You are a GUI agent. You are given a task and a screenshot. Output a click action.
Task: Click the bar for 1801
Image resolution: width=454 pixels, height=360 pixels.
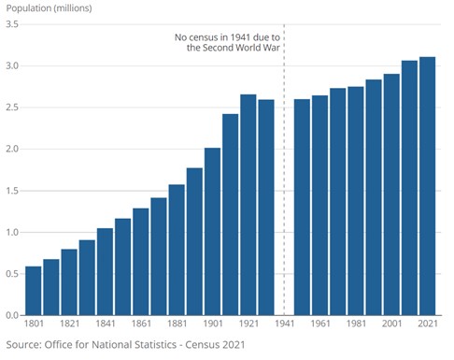coord(34,291)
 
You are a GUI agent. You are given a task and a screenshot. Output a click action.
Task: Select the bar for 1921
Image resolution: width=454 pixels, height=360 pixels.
coord(248,205)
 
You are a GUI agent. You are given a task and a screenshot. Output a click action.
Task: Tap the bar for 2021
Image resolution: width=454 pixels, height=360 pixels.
coord(427,186)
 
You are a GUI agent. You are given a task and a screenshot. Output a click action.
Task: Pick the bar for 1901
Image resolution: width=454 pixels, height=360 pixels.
coord(212,232)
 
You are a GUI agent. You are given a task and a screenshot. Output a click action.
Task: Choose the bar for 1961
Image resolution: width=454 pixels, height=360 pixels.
coord(319,206)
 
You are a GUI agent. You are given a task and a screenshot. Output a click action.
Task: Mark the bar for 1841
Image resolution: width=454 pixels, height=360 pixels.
coord(105,272)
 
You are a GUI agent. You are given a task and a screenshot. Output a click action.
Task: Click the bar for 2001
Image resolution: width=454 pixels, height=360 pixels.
coord(391,194)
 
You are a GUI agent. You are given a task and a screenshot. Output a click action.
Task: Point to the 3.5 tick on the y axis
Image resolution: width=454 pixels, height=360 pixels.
coord(12,24)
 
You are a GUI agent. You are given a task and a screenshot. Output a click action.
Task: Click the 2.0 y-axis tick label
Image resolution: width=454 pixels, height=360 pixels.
coord(12,149)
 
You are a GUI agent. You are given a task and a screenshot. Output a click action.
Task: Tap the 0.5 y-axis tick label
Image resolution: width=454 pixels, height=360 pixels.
coord(12,274)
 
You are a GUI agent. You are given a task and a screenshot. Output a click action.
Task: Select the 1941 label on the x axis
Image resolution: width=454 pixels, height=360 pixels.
coord(284,324)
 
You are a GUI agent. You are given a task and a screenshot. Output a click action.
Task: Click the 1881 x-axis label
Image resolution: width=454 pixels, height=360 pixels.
coord(177,324)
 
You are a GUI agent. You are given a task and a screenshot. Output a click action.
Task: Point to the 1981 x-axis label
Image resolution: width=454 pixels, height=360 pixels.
coord(356,324)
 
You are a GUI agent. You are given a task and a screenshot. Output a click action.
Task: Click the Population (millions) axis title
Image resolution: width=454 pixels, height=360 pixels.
coord(49,8)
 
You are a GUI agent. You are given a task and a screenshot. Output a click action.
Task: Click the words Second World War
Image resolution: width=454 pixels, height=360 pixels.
coord(241,48)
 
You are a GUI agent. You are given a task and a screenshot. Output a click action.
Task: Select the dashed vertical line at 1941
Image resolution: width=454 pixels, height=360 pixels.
coord(284,169)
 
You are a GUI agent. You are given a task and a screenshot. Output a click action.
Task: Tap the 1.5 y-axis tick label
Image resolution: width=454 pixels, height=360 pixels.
coord(12,191)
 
